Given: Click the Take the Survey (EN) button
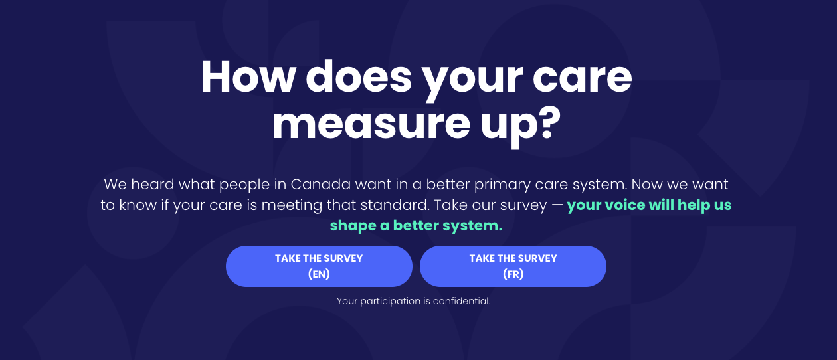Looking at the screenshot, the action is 319,266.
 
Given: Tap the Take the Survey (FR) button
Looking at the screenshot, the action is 513,266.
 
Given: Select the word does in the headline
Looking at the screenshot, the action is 359,77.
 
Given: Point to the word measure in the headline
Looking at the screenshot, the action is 371,124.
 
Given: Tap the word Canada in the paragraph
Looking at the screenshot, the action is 321,184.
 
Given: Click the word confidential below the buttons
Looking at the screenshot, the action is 462,301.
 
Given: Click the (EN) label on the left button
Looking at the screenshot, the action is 319,274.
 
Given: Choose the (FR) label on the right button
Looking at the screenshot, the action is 513,274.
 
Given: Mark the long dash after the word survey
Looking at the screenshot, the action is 557,206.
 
